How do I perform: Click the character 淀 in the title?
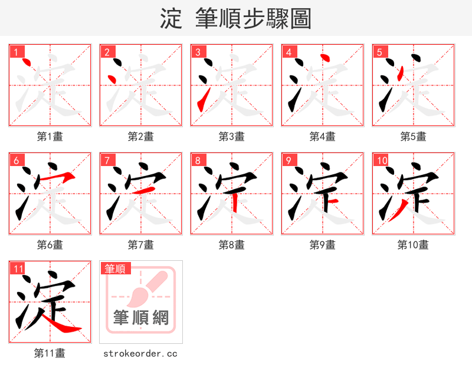171,19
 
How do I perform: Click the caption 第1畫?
50,137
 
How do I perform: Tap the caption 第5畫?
413,137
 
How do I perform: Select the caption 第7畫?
141,245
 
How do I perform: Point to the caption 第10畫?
413,245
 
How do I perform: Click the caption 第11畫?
50,353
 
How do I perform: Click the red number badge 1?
16,52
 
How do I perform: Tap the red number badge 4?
289,52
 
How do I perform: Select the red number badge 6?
16,161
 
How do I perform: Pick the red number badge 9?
289,161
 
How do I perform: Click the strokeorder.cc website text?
140,354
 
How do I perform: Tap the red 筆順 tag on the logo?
114,269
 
